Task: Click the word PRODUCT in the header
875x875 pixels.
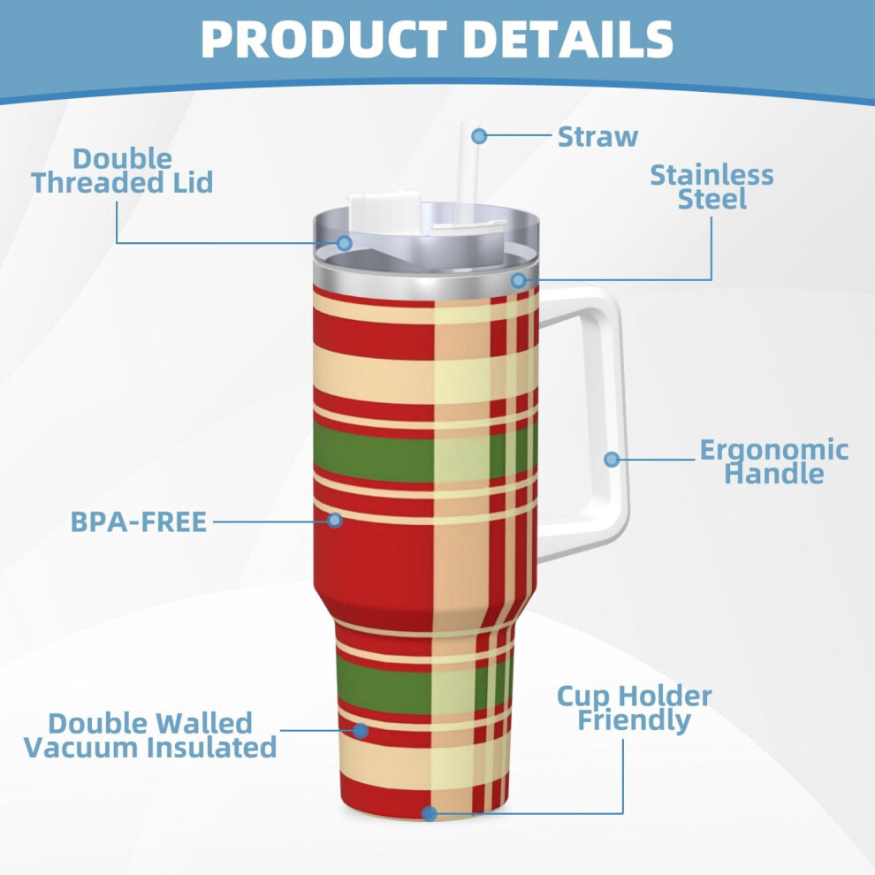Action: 323,39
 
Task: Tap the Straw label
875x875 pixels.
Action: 597,137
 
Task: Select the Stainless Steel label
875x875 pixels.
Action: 711,187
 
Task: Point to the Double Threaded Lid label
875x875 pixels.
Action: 122,171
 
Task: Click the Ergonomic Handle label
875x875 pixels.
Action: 774,461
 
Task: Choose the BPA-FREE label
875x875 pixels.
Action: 139,521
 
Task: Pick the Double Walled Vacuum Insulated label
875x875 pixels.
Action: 150,735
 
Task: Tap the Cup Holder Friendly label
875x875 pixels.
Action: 635,709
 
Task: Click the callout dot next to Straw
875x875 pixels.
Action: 479,135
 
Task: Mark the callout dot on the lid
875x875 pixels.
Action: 345,243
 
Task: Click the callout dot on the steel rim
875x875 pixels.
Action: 519,279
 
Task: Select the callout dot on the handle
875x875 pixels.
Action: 612,460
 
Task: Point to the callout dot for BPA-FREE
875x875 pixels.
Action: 334,520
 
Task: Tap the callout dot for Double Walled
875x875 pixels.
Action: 361,730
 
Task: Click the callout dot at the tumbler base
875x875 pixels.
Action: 430,814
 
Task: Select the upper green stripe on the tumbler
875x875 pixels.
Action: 424,452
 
